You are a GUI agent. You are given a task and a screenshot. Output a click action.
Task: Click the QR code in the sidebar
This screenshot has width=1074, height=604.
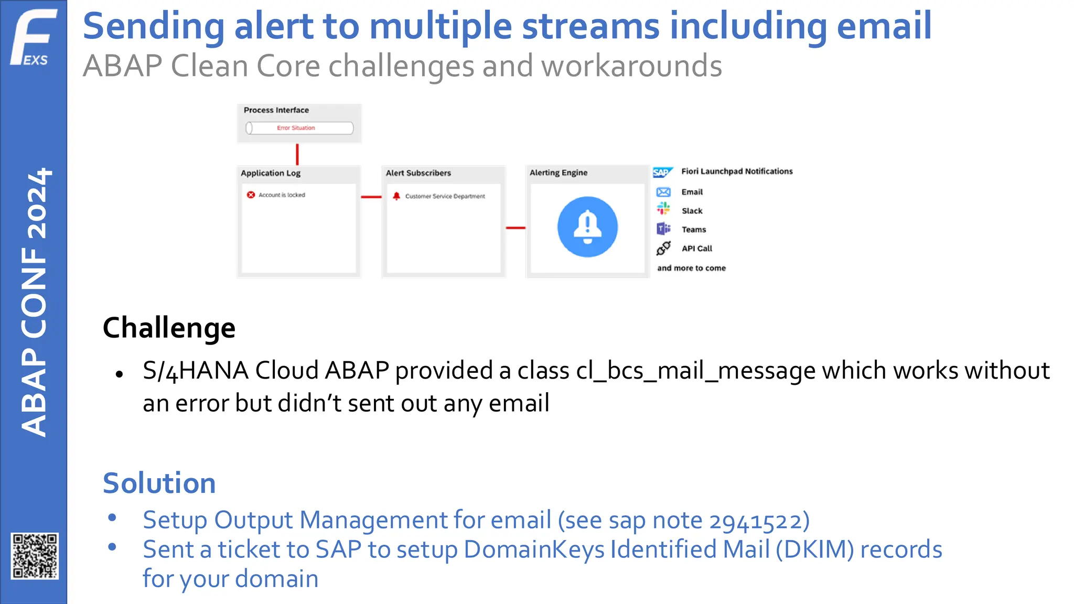(35, 556)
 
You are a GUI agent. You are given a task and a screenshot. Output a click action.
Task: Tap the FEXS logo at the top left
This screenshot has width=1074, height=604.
(33, 38)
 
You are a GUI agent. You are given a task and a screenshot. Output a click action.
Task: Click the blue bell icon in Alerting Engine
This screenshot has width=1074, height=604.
(587, 227)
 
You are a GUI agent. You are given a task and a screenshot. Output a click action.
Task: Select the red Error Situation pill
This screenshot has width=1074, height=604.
(299, 128)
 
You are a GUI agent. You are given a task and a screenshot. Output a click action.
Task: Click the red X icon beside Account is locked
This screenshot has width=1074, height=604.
(251, 195)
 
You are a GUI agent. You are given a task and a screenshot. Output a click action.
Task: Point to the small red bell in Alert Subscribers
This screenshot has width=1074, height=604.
(396, 196)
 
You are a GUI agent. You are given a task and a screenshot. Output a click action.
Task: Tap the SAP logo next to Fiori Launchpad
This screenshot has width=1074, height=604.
(662, 172)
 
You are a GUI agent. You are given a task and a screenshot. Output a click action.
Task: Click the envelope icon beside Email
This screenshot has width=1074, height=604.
(663, 192)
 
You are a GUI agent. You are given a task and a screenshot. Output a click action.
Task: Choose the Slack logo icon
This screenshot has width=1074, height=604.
(663, 209)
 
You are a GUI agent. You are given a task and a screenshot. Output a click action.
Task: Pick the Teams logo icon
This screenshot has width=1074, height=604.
(663, 229)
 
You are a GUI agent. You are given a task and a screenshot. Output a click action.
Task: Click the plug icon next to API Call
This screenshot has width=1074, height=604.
(663, 248)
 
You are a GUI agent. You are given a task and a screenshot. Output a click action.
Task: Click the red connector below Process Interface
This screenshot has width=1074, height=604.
(297, 155)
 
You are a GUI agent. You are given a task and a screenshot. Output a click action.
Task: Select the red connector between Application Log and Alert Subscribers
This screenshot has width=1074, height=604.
(371, 197)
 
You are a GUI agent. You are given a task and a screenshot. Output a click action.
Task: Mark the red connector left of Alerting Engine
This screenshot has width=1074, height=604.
(515, 228)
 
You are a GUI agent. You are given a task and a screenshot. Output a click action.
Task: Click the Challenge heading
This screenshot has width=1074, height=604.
(169, 328)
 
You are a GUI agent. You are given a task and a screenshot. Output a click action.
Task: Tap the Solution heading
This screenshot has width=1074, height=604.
(159, 483)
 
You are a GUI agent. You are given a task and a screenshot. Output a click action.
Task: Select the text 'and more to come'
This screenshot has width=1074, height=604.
(691, 268)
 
